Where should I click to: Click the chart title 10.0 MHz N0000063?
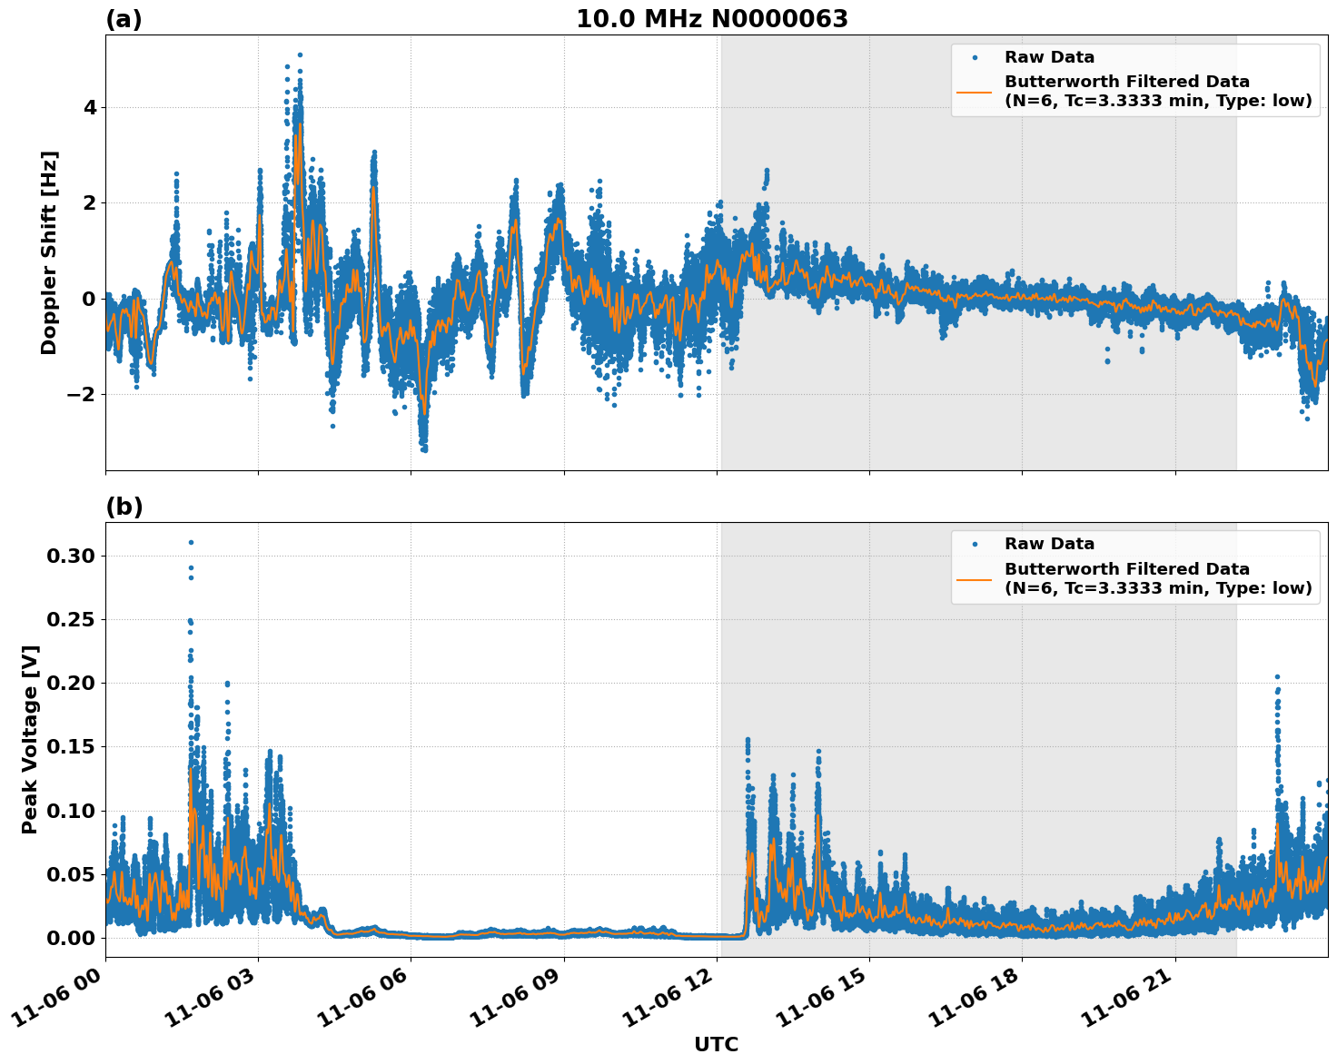pos(712,19)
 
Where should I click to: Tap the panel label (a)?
pos(124,19)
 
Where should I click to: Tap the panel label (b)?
pos(124,507)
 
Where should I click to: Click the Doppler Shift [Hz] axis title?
pos(49,252)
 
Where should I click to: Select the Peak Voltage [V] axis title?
pos(31,739)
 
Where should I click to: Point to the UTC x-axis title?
pos(716,1044)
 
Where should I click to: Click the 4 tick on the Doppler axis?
pos(90,107)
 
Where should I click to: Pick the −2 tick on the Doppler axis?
pos(84,394)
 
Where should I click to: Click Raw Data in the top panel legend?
pos(1049,57)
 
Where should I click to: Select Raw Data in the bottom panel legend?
pos(1049,544)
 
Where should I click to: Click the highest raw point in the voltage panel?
pos(191,542)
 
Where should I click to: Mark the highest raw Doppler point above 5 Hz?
pos(300,54)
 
